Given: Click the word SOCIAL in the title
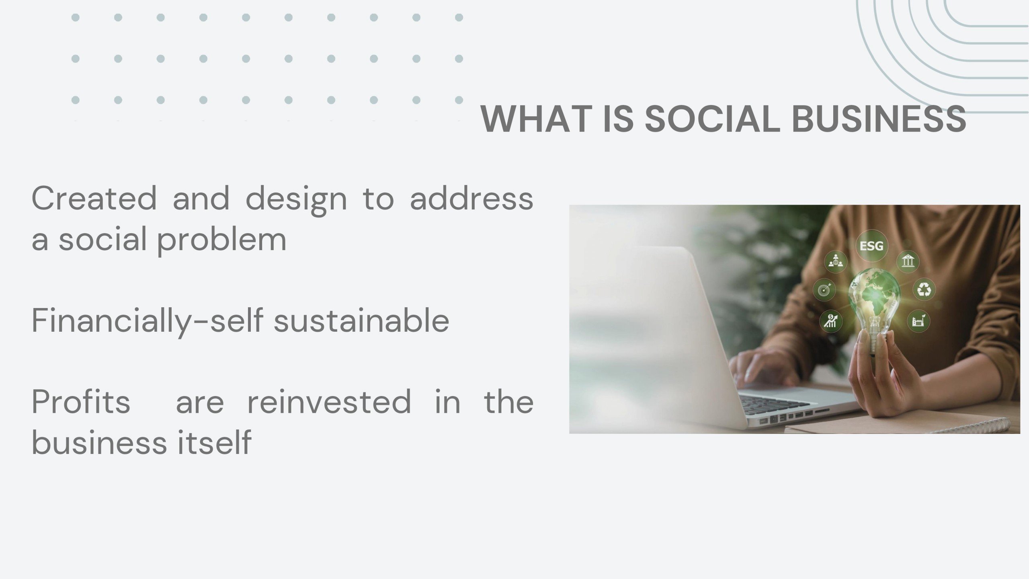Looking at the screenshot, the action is tap(712, 119).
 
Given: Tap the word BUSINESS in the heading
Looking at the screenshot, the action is tap(879, 119).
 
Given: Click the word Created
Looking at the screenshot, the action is tap(94, 198).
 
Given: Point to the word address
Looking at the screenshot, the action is tap(471, 198).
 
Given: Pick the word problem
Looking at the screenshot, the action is tap(221, 240).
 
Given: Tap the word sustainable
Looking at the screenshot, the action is tap(361, 321).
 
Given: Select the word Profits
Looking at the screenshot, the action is tap(81, 402).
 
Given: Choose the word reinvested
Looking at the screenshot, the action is tap(329, 402).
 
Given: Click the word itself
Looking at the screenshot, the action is tap(215, 442).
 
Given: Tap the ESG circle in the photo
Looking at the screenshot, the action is tap(871, 246).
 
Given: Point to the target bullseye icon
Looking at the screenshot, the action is tap(824, 289).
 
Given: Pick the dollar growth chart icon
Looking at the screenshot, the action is tap(830, 321).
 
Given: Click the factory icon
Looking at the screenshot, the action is tap(918, 321).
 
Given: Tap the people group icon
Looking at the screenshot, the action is tap(836, 262).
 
